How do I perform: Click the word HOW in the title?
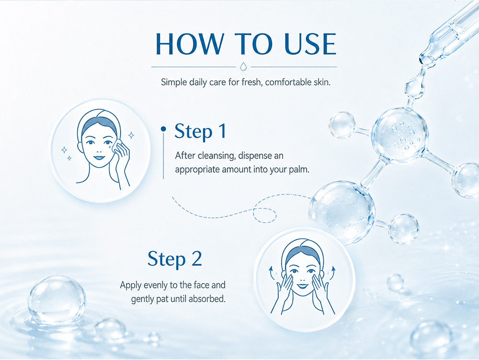[x=190, y=44]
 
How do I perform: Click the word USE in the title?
[x=310, y=44]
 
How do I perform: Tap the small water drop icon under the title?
[x=243, y=67]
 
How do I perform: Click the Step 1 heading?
[x=200, y=131]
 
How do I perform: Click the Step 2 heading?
[x=175, y=259]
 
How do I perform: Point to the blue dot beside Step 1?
[x=164, y=129]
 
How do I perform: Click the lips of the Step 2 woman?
[x=302, y=286]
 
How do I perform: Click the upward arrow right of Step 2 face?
[x=333, y=272]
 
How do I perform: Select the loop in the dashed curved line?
[x=264, y=215]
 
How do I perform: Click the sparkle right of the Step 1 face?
[x=131, y=135]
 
